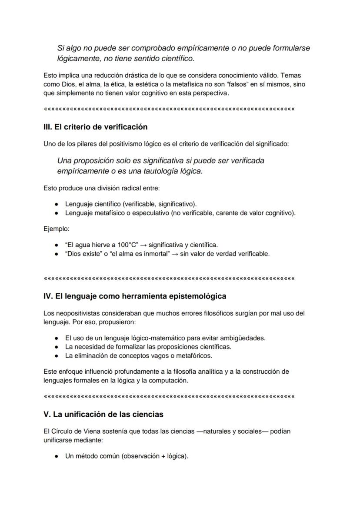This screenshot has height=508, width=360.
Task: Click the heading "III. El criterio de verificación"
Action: pos(96,127)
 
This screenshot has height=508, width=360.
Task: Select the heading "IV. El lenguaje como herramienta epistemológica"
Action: pos(135,296)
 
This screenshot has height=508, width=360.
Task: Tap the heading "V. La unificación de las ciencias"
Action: pos(103,414)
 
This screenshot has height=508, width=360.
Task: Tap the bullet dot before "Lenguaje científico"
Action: pos(57,204)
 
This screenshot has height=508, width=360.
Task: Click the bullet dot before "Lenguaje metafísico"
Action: pos(57,213)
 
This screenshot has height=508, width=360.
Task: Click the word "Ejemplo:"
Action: pos(57,229)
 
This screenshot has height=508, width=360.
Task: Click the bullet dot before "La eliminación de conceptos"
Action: pos(57,356)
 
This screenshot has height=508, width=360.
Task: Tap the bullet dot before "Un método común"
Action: pos(57,457)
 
